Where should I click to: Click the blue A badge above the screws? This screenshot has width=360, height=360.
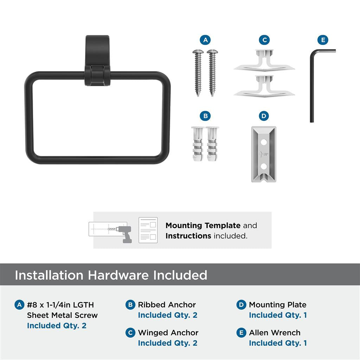tap(205, 40)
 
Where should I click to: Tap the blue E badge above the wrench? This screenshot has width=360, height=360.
tap(323, 40)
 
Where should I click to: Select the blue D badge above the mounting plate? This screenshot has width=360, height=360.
tap(264, 116)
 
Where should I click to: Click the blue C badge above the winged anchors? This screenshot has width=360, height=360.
tap(264, 40)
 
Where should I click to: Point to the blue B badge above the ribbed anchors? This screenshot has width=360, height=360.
tap(205, 116)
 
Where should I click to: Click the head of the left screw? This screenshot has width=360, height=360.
tap(198, 52)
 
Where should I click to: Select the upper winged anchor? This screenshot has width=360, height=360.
tap(264, 60)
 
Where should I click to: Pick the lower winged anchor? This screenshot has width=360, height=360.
tap(264, 86)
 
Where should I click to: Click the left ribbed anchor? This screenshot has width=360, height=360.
tap(198, 143)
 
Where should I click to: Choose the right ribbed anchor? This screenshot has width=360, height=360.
tap(212, 143)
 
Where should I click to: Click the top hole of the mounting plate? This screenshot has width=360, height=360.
tap(264, 142)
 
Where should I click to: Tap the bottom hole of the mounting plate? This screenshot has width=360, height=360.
tap(264, 166)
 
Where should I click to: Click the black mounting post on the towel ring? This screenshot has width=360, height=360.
tap(97, 60)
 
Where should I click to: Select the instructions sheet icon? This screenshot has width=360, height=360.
tap(148, 230)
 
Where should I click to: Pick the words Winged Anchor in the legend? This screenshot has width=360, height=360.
tap(168, 333)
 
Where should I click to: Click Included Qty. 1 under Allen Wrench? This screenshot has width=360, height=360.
tap(278, 343)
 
